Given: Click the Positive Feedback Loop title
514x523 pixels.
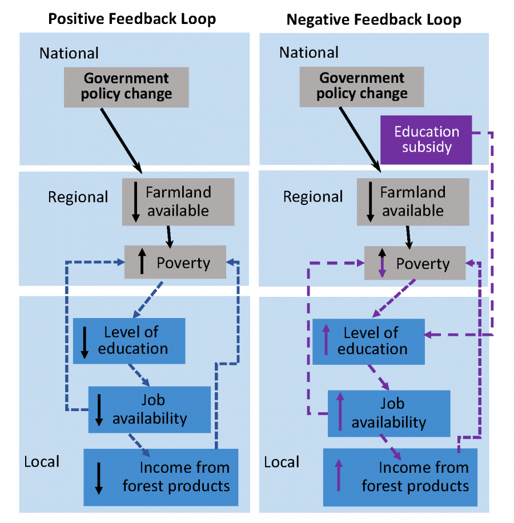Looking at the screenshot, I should click(x=132, y=19).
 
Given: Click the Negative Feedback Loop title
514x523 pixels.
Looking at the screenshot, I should click(x=374, y=19).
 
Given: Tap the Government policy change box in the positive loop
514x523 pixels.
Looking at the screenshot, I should click(x=126, y=87).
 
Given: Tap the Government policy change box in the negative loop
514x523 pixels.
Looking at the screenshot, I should click(x=362, y=86).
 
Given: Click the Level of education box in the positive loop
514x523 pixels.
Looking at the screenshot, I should click(x=129, y=341).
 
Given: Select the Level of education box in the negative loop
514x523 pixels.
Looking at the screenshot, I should click(x=368, y=341).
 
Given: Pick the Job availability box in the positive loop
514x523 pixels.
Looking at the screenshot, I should click(x=149, y=409).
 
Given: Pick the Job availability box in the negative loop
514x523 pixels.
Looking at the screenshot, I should click(x=388, y=413).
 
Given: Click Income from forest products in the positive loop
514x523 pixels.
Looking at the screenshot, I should click(x=160, y=477).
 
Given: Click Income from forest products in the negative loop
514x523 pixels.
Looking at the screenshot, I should click(x=400, y=477).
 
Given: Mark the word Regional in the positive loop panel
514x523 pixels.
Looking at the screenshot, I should click(x=78, y=197).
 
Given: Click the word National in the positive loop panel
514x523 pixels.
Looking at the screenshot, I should click(x=69, y=53).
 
